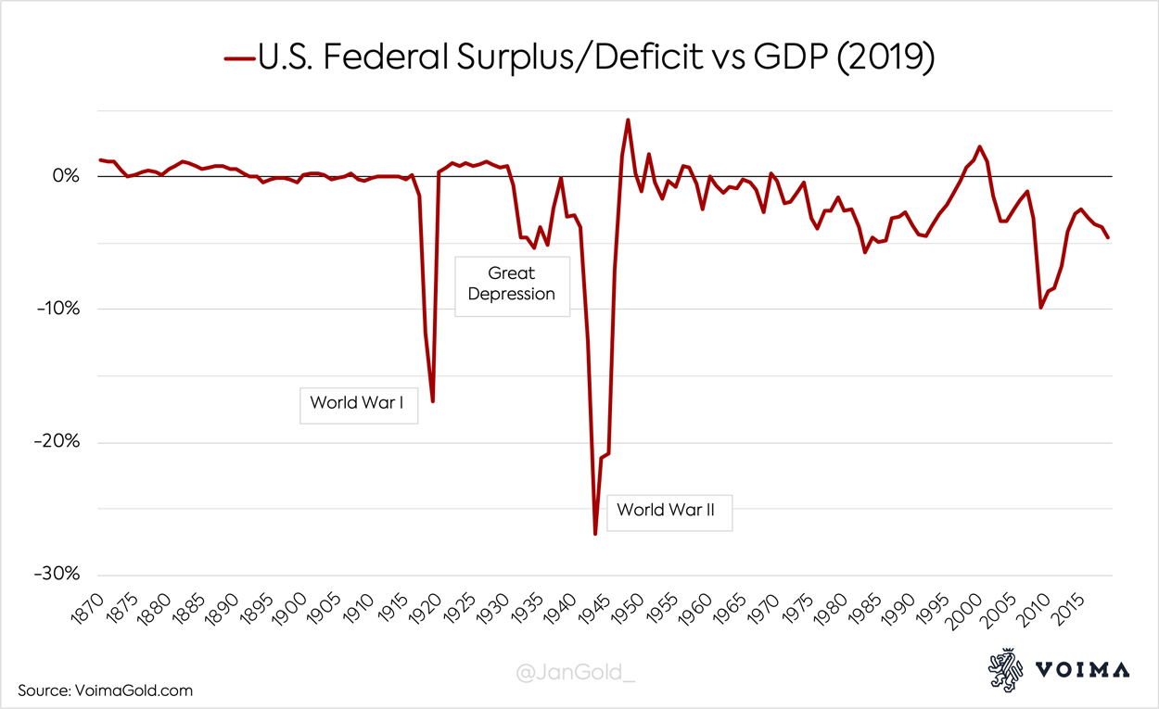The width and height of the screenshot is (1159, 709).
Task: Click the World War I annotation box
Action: pyautogui.click(x=358, y=403)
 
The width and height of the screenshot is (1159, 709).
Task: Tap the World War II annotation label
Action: pyautogui.click(x=668, y=510)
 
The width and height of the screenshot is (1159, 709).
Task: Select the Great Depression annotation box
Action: pyautogui.click(x=512, y=284)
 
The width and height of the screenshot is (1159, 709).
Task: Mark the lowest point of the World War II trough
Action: pyautogui.click(x=595, y=534)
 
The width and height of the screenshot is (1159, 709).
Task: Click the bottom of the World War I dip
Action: pyautogui.click(x=433, y=400)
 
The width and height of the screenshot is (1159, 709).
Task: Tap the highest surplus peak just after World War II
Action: pyautogui.click(x=629, y=120)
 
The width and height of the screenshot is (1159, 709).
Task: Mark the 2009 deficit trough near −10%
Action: pyautogui.click(x=1041, y=307)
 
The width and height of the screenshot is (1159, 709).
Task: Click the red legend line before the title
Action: pyautogui.click(x=239, y=57)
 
